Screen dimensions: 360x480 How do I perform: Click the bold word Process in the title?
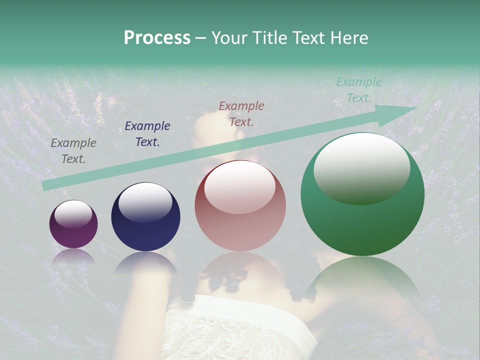(157, 38)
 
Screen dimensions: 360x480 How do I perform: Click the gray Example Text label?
(73, 151)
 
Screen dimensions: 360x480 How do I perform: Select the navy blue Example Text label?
(147, 134)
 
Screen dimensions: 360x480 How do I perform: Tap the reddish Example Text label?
(241, 113)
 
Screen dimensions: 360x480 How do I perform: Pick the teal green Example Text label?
(359, 90)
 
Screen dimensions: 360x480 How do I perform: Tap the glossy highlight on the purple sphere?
(73, 214)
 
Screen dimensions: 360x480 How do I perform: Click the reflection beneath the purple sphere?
(73, 255)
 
